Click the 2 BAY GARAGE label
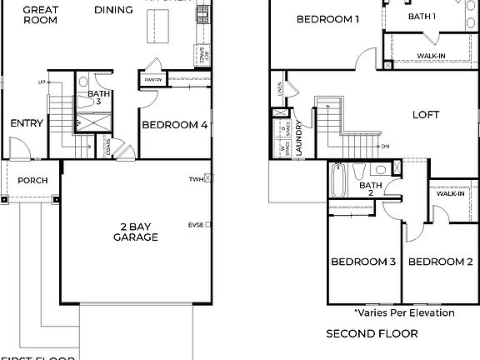click(136, 231)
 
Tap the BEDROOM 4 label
click(174, 126)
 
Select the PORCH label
click(32, 180)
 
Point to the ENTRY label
click(27, 123)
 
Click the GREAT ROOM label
click(40, 14)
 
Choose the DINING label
click(113, 10)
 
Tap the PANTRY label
click(152, 80)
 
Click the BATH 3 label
click(99, 97)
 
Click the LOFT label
click(426, 115)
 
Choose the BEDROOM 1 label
click(327, 18)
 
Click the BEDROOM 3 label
click(363, 262)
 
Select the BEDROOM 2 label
click(440, 262)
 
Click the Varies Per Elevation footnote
click(404, 313)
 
